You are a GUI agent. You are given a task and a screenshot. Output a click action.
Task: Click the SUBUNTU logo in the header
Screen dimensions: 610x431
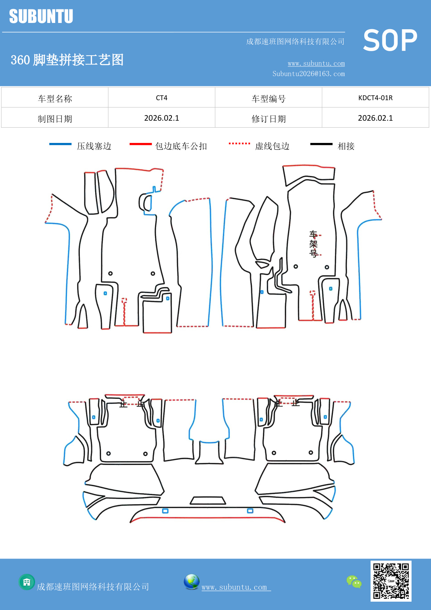41,16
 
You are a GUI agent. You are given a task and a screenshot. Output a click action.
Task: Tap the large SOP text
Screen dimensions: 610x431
390,40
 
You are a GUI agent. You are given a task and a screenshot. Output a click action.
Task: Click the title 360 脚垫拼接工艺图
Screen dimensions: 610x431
67,60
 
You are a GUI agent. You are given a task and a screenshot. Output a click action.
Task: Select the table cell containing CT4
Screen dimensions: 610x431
161,98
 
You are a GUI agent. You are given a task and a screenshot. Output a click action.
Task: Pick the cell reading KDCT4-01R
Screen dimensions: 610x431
375,98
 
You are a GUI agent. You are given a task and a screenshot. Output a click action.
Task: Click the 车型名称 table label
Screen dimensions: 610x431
55,99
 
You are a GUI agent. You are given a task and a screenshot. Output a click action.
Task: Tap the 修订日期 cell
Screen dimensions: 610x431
268,119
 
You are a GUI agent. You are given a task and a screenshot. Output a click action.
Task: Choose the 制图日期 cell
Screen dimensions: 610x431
55,119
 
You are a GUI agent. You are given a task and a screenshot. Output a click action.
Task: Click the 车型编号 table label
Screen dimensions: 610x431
268,99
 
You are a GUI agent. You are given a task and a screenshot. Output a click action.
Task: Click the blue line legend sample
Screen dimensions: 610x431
60,144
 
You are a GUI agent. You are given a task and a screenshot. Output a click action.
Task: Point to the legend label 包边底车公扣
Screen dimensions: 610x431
181,146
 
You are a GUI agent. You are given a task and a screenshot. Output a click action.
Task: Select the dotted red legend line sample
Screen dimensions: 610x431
239,143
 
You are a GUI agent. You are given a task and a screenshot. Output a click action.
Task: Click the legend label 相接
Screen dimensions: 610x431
346,146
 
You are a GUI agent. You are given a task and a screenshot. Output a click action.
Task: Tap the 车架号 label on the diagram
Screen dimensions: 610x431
313,244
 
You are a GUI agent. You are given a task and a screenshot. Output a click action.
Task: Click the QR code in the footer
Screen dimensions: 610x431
391,581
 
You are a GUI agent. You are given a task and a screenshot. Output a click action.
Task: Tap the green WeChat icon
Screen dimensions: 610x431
354,581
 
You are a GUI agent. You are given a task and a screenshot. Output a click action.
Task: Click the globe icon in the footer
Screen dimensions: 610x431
191,582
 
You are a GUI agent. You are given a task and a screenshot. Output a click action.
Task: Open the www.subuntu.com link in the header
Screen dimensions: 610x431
316,63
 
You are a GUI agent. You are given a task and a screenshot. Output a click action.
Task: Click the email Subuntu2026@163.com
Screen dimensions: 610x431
308,74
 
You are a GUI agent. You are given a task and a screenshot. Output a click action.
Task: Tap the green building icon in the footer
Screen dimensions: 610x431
27,582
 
